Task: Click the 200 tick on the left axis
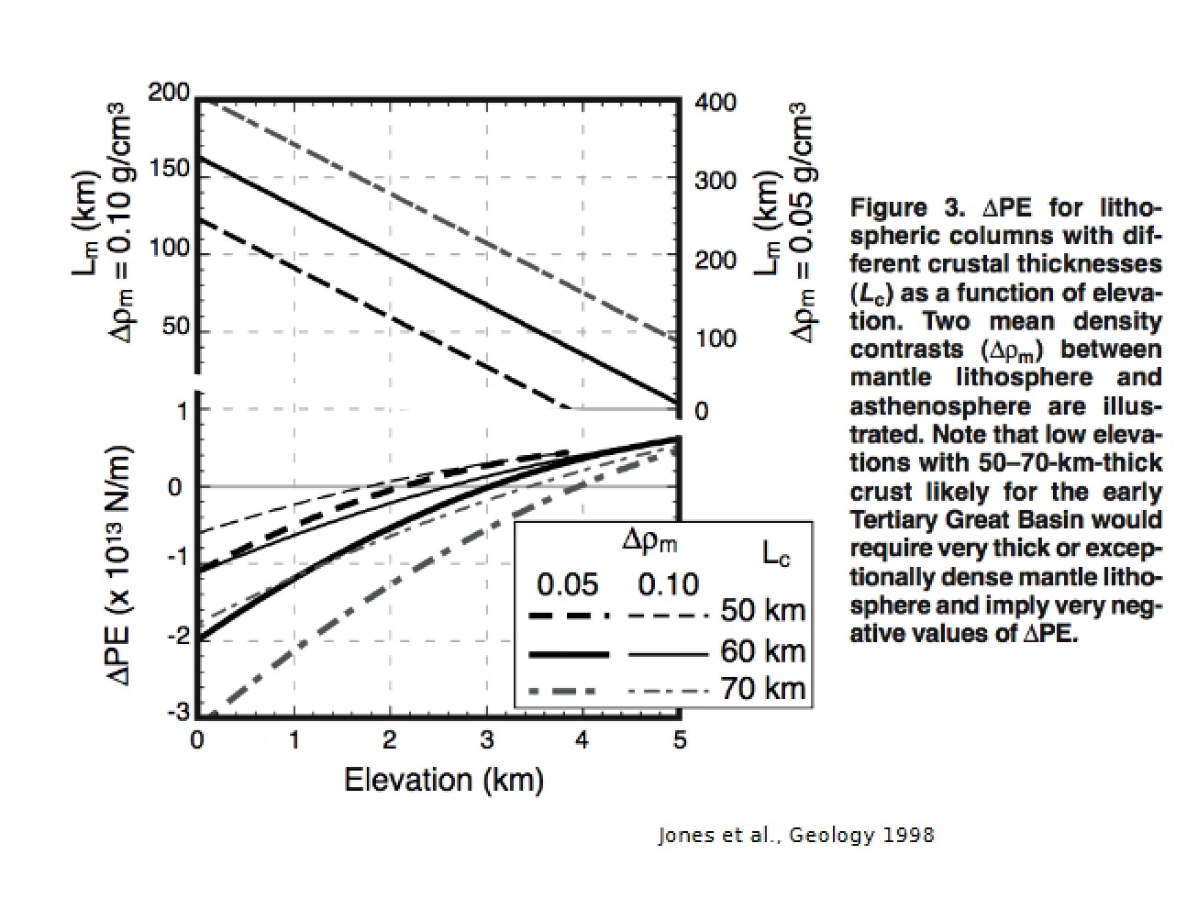coord(169,93)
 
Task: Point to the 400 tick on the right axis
coord(715,103)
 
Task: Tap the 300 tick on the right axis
coord(715,180)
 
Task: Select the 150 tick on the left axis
coord(169,169)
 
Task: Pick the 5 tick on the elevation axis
coord(680,740)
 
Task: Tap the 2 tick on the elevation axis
coord(389,740)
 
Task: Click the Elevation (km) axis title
coord(444,780)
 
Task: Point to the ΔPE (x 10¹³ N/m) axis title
coord(118,565)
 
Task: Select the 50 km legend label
coord(763,610)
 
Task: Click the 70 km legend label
coord(763,688)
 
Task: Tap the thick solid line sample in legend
coord(569,654)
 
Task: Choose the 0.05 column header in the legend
coord(568,584)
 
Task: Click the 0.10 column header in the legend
coord(668,584)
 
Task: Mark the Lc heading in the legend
coord(775,555)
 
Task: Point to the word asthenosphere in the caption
coord(940,407)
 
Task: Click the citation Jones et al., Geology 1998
coord(796,835)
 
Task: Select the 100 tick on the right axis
coord(715,339)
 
